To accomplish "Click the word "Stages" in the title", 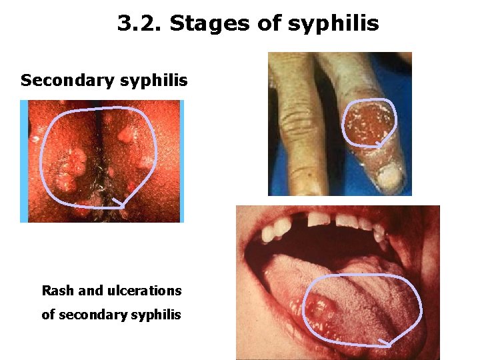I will point(210,24).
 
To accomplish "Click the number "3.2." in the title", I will point(140,24).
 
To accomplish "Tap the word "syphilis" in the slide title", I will point(333,24).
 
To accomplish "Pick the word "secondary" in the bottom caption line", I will point(89,315).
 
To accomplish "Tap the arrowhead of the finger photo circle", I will point(379,142).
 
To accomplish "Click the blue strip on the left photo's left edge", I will point(23,161).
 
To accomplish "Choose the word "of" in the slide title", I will point(270,24).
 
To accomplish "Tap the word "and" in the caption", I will point(91,291).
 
